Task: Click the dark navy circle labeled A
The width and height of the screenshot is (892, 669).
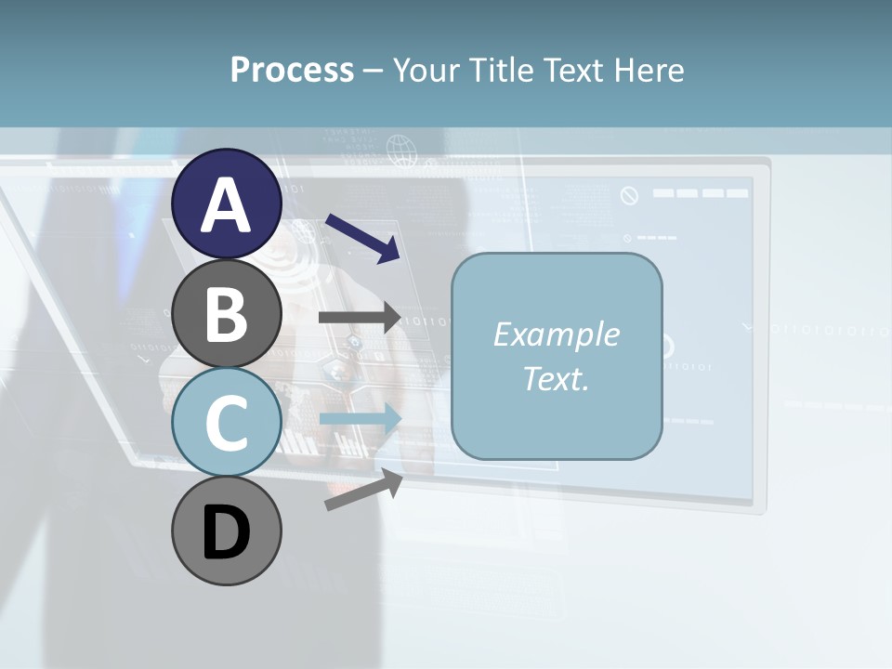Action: coord(227,204)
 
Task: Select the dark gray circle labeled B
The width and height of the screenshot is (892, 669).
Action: coord(227,314)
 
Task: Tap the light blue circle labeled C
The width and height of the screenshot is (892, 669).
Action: coord(227,423)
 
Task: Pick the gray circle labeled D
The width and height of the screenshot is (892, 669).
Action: coord(227,531)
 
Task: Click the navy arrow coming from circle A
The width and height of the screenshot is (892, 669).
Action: coord(362,238)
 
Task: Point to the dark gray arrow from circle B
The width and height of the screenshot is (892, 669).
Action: coord(361,318)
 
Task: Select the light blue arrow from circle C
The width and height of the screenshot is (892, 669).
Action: coord(361,419)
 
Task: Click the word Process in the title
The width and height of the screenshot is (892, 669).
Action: coord(292,70)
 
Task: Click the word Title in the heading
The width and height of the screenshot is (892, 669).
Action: coord(501,70)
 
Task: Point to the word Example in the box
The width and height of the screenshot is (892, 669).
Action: coord(557,334)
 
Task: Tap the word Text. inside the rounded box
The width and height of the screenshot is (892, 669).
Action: coord(557,378)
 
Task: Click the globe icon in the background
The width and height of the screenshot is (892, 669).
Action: coord(400,148)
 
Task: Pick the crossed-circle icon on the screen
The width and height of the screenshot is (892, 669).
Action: coord(630,195)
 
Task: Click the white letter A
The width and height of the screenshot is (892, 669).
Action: coord(227,204)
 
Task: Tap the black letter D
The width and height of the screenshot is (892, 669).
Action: coord(227,532)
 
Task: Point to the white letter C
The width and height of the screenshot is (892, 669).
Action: coord(227,424)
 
